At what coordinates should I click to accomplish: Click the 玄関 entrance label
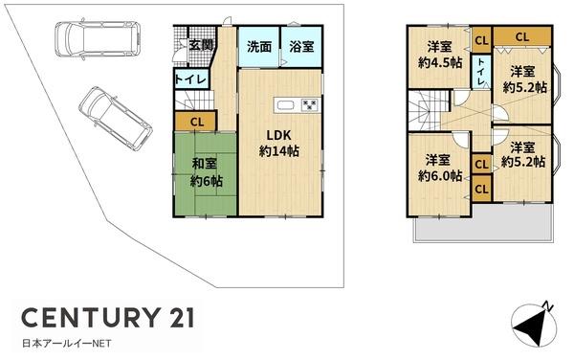coord(201,45)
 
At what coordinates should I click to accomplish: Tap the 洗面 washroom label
coord(259,47)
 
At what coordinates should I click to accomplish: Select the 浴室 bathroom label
coord(301,47)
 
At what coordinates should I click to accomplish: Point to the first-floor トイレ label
coord(191,79)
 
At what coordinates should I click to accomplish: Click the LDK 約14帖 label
coord(279,144)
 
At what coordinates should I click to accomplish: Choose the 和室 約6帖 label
coord(206,172)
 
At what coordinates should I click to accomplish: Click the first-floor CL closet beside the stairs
coord(196,122)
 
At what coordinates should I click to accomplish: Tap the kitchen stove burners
coord(310,105)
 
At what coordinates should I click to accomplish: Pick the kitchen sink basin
coord(286,105)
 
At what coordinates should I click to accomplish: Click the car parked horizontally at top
coord(98,39)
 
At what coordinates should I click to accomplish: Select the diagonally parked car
coord(116,119)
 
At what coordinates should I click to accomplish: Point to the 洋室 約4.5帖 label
coord(440,55)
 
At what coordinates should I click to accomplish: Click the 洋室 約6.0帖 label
coord(440,169)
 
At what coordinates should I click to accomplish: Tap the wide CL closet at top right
coord(522,36)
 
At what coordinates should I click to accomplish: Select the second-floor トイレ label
coord(481,72)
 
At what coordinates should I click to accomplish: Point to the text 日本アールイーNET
coord(67,344)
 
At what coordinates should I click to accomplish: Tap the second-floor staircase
coord(429,109)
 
